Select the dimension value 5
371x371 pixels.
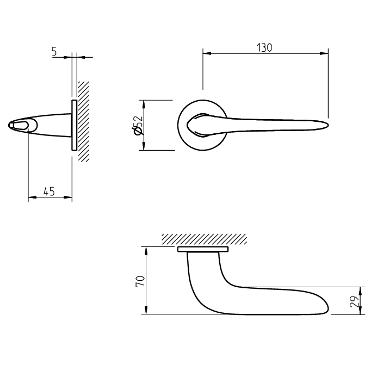(x=54, y=51)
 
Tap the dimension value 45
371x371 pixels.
(x=49, y=191)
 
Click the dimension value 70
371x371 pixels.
(x=139, y=281)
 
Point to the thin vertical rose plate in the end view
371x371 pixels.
(x=74, y=125)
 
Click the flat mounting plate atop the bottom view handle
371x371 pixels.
(x=202, y=250)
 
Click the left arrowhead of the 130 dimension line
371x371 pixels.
(x=206, y=53)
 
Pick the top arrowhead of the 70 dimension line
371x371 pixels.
(x=145, y=250)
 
